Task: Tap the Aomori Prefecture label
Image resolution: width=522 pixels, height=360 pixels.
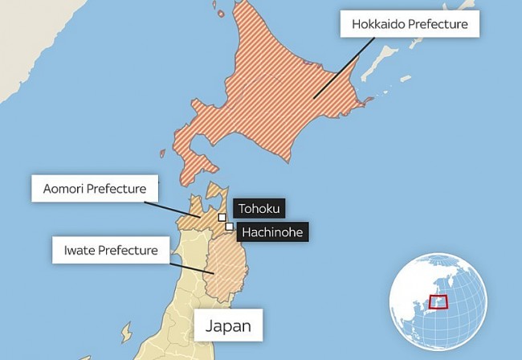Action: tap(95, 190)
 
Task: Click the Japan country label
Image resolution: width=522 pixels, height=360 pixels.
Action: tap(228, 326)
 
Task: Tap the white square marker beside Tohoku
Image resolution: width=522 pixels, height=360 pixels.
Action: tap(222, 216)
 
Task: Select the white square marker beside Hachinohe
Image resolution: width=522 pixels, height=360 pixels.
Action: tap(230, 227)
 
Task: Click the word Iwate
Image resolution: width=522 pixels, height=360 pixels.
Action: tap(79, 251)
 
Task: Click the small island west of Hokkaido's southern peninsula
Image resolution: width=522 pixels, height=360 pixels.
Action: tap(162, 153)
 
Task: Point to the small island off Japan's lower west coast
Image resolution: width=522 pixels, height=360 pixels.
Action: tap(126, 332)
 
